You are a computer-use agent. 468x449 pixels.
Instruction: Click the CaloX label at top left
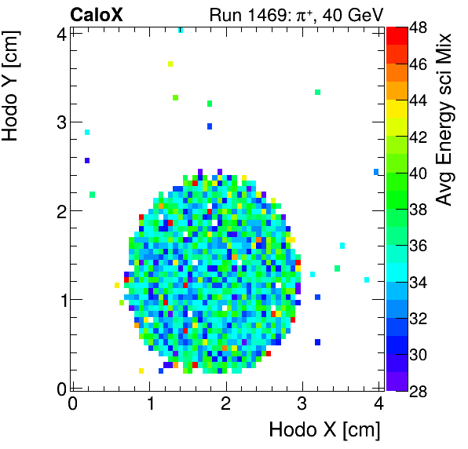click(95, 14)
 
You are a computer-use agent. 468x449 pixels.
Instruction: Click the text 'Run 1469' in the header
click(241, 14)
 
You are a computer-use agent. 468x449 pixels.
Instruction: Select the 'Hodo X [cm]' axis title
click(324, 430)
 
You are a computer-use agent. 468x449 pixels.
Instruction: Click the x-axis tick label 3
click(302, 404)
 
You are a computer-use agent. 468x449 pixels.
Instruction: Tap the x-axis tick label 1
click(149, 404)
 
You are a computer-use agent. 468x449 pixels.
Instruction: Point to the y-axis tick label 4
click(60, 34)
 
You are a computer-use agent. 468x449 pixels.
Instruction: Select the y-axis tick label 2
click(60, 211)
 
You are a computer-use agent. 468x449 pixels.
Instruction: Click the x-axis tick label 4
click(378, 404)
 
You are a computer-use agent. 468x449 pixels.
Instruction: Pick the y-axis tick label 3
click(60, 122)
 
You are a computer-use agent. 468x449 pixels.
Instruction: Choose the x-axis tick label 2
click(225, 404)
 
